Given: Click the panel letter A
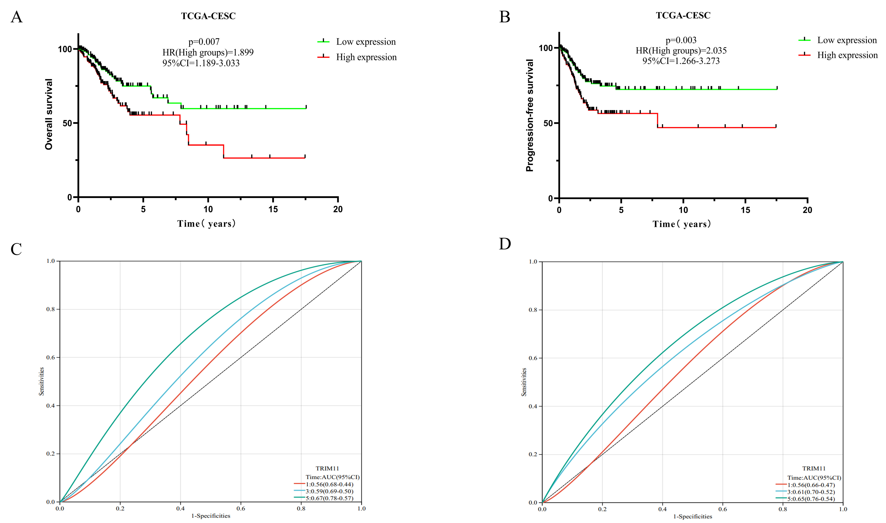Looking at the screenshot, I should tap(17, 17).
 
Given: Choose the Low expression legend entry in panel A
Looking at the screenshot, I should tap(366, 42).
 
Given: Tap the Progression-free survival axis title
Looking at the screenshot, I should tap(530, 115).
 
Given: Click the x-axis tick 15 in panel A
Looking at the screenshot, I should tap(273, 209).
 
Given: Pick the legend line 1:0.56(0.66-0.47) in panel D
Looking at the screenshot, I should tap(811, 485).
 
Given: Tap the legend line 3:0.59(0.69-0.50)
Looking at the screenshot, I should tap(329, 491).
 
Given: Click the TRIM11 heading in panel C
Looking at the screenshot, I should tap(327, 468).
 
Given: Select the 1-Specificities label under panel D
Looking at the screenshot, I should tap(693, 517).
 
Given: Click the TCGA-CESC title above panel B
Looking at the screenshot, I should tap(683, 16).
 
